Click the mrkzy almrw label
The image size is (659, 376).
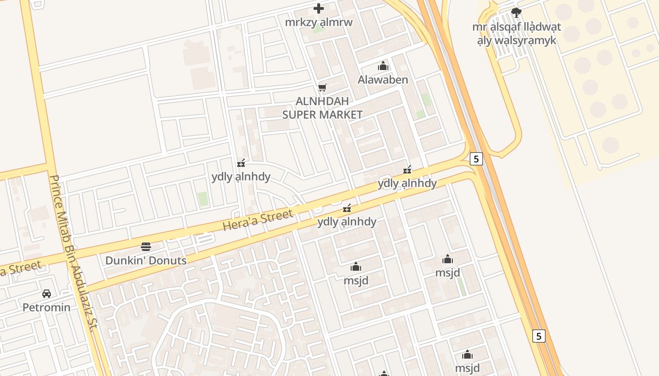(319, 22)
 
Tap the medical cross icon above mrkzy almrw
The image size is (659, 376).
(319, 8)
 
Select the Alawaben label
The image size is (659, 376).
(383, 79)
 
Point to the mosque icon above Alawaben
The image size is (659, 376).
(383, 66)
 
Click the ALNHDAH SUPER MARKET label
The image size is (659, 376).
(322, 108)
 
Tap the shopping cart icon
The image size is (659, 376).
(322, 87)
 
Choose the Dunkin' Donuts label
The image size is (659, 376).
(146, 260)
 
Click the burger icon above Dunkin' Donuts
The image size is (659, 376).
(146, 247)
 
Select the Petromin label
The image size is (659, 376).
(47, 307)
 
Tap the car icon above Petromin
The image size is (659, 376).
(47, 294)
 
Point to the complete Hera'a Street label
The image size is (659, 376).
(257, 220)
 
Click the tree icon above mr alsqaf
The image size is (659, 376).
(516, 13)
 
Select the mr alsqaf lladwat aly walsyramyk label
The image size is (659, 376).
(516, 33)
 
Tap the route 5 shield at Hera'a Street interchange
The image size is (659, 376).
(476, 159)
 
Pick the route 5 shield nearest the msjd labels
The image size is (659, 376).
(539, 336)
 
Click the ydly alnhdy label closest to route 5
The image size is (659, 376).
(407, 183)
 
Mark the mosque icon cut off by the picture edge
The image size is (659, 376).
(384, 374)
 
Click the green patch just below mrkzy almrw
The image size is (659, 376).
(319, 30)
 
